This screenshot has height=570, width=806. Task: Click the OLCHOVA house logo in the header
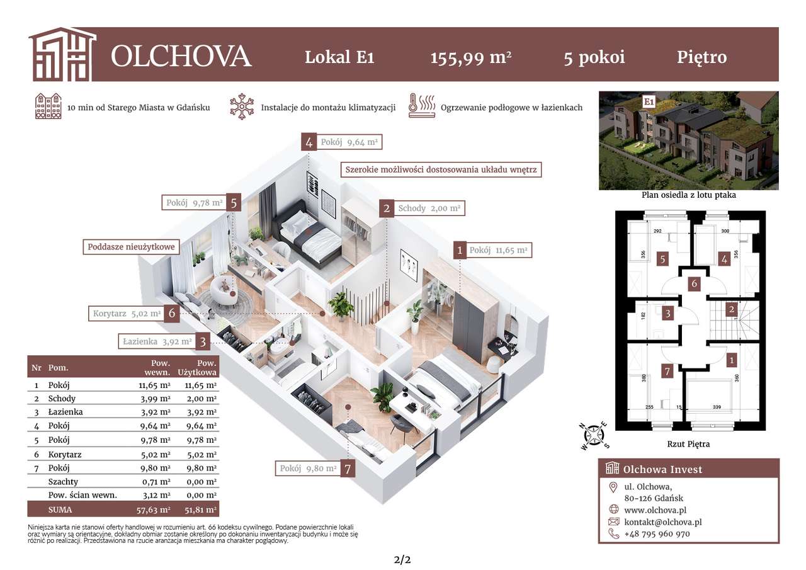[x=62, y=54]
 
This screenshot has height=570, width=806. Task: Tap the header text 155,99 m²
[x=470, y=57]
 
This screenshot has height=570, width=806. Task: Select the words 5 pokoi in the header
[x=594, y=57]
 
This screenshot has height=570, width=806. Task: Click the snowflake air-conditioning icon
[x=241, y=107]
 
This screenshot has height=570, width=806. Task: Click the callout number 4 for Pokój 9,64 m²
[x=309, y=142]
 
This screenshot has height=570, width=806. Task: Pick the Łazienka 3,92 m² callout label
[x=156, y=341]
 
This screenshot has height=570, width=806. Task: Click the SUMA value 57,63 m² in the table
[x=154, y=509]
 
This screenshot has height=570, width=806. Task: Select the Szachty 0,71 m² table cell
[x=154, y=481]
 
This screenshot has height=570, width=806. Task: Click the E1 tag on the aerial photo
[x=647, y=101]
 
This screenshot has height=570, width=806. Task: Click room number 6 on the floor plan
[x=694, y=284]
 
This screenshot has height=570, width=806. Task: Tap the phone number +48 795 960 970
[x=657, y=533]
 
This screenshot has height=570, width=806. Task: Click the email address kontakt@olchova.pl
[x=662, y=522]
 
